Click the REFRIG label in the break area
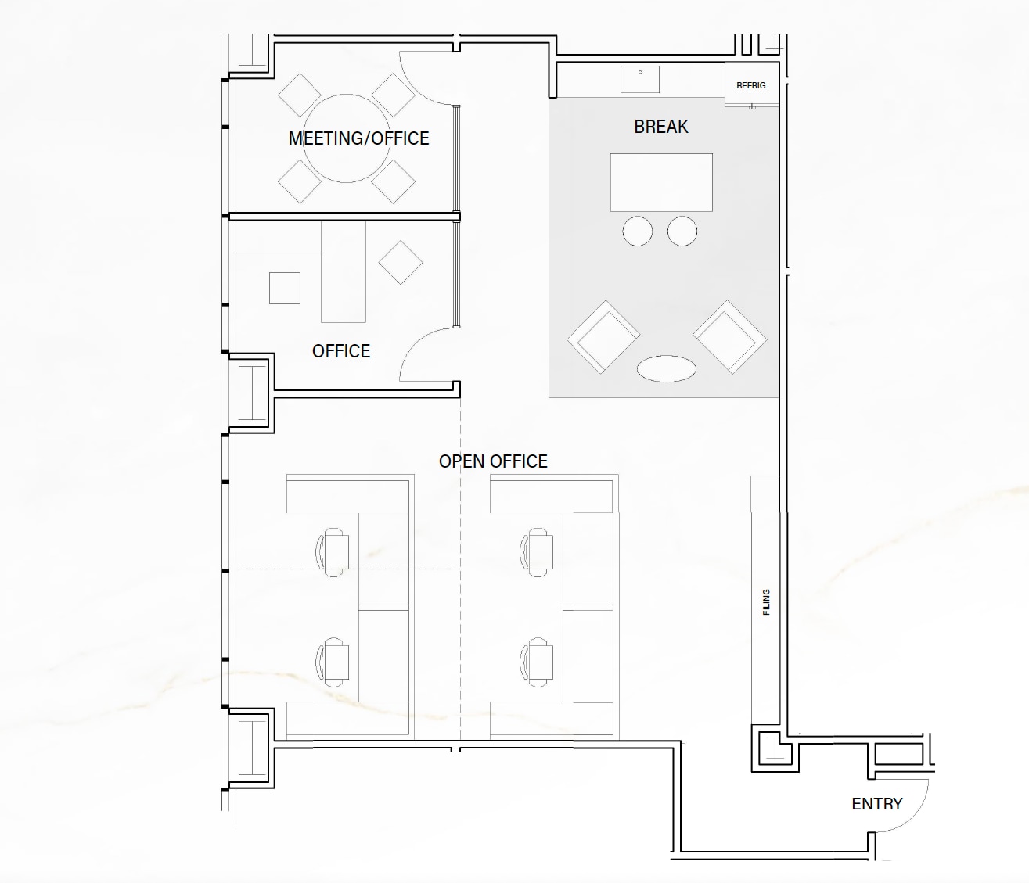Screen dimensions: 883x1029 tap(750, 85)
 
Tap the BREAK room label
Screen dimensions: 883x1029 tap(661, 127)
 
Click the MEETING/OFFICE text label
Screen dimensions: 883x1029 tap(358, 138)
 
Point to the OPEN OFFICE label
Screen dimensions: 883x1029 tap(493, 461)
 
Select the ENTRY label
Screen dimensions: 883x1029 tap(876, 804)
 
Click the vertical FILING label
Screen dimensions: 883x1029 tap(766, 601)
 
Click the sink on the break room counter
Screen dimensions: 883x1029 tap(640, 79)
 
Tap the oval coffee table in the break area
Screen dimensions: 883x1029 tap(666, 368)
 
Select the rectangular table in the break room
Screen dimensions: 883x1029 tap(661, 182)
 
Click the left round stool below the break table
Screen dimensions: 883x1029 tap(638, 232)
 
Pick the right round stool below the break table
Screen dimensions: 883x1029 tap(682, 232)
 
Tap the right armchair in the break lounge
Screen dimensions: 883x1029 tap(729, 336)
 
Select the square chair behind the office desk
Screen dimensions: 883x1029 tap(285, 288)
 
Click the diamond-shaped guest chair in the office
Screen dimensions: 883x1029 tap(401, 262)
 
